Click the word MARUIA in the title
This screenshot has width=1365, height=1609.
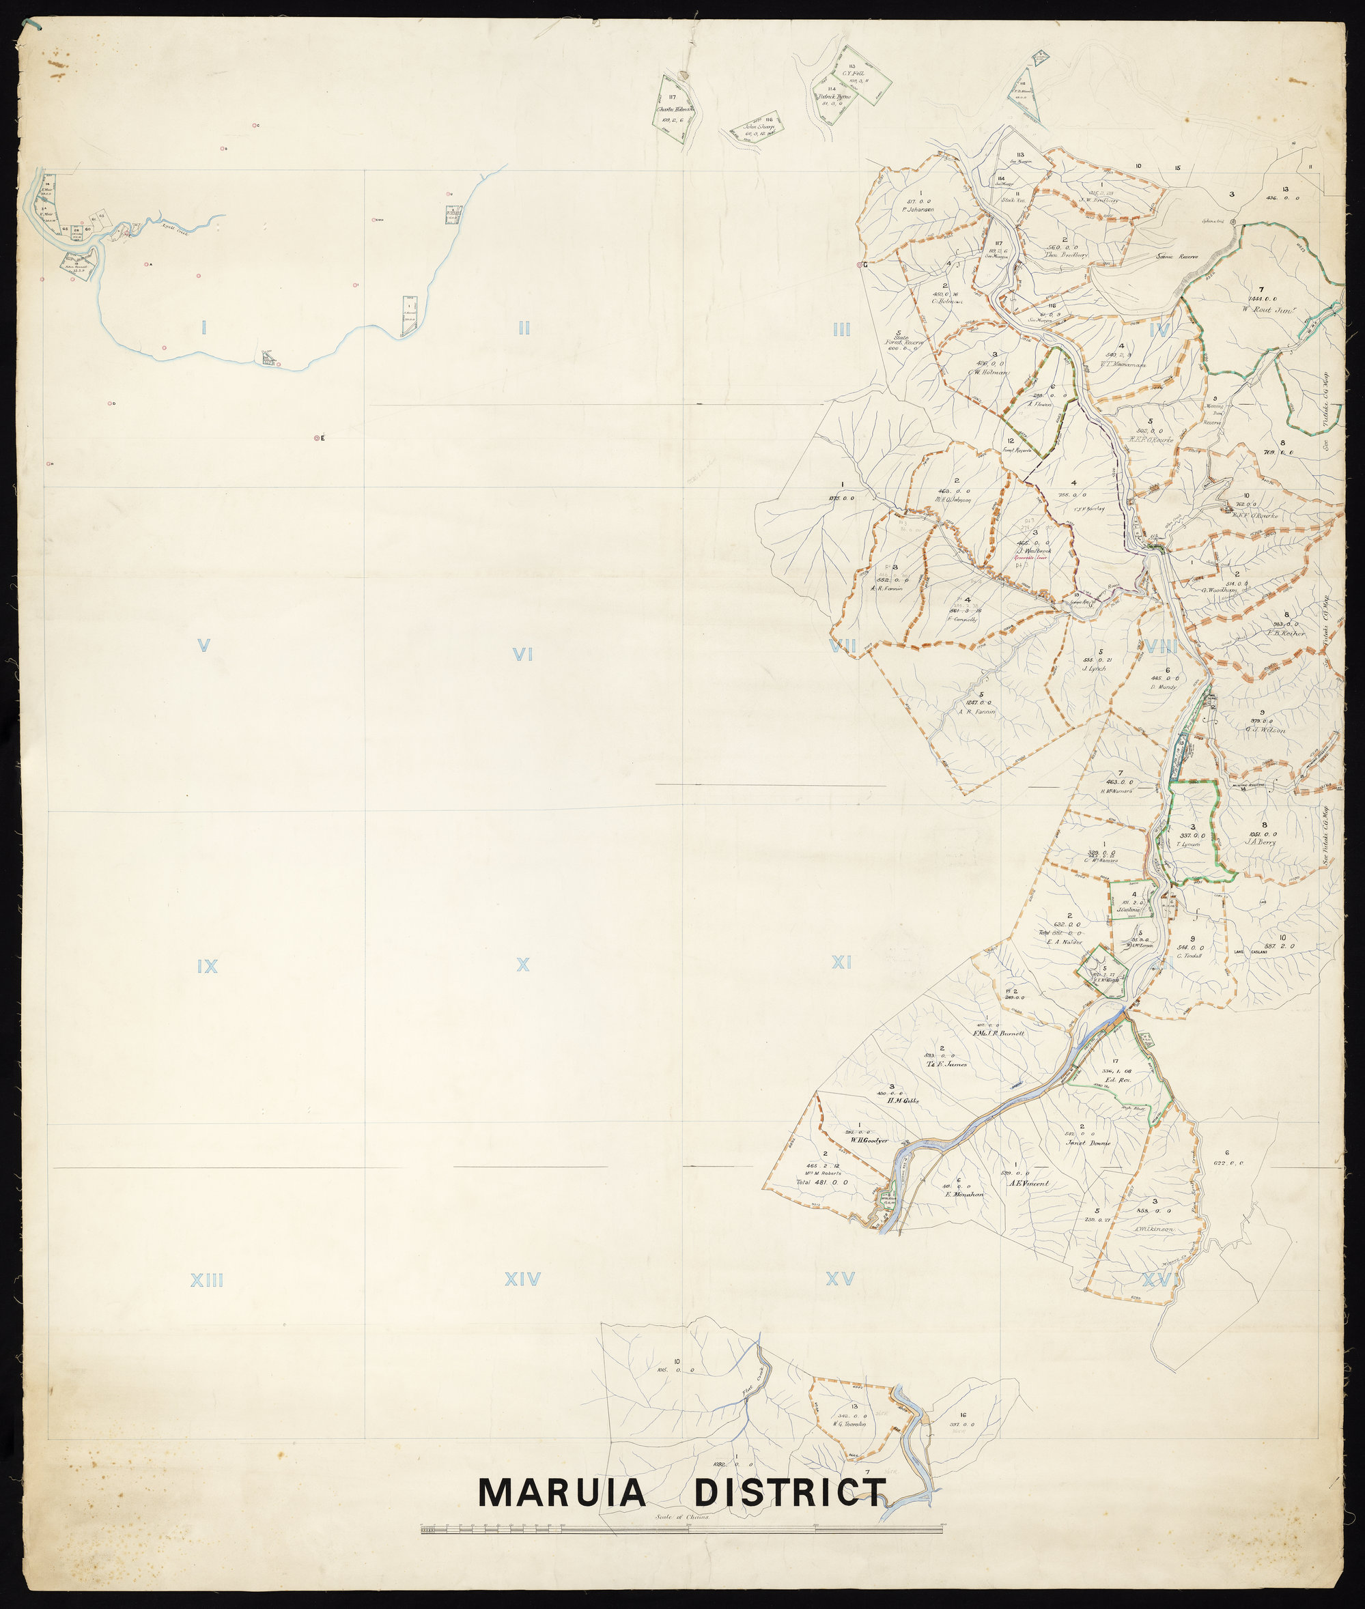(562, 1492)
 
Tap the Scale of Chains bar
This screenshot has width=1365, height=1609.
(681, 1529)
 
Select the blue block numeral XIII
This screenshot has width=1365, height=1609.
(207, 1280)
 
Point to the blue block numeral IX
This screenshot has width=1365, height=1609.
(207, 966)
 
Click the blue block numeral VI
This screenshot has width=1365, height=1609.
(523, 655)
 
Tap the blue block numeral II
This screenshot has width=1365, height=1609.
(524, 328)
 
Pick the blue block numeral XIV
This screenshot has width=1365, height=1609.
(522, 1280)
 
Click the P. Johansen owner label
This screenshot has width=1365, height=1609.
(918, 210)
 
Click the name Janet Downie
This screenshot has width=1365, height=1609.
(1088, 1143)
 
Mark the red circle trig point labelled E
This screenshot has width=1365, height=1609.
(318, 439)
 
